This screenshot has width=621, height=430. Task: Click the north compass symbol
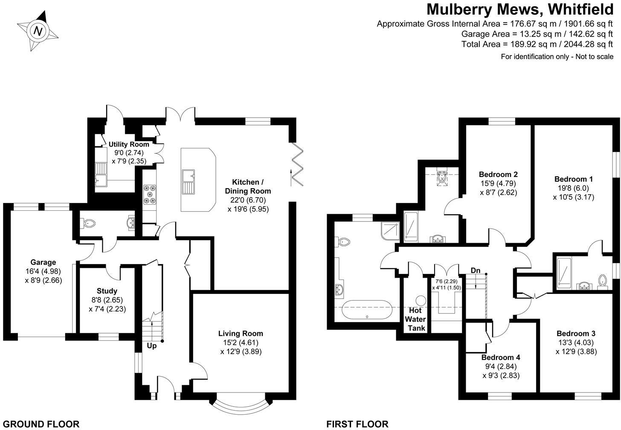coord(38,31)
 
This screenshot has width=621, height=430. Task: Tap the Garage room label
coord(43,262)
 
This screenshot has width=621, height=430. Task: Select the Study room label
coord(107,291)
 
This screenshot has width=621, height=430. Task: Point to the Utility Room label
coord(129,144)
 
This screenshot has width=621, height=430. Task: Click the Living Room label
coord(241,334)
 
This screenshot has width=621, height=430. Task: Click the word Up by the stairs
coord(152,346)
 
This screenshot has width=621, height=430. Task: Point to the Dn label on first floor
coord(476,270)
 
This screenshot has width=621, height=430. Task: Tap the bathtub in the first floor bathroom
coord(367,310)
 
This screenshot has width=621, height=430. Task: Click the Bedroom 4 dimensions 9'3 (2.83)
coord(501,375)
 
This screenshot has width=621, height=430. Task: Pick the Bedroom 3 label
coord(576,334)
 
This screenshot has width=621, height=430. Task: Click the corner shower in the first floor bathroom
coord(390,230)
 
